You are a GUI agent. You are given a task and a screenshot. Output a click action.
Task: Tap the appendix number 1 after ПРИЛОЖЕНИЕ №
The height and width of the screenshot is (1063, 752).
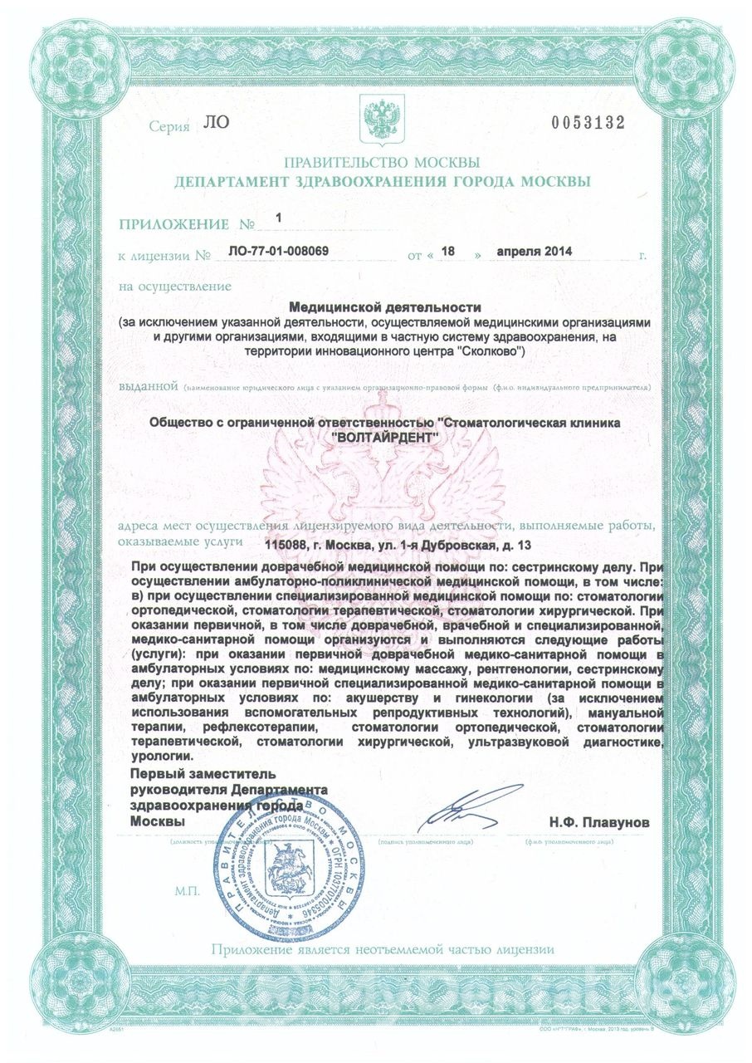tap(278, 218)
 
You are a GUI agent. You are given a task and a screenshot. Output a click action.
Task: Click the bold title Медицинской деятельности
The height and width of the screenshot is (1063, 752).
tap(384, 307)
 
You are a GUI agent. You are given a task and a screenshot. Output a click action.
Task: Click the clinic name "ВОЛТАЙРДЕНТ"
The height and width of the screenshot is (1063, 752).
tap(383, 437)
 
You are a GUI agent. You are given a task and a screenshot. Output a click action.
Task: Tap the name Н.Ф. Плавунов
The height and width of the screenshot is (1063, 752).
tap(599, 822)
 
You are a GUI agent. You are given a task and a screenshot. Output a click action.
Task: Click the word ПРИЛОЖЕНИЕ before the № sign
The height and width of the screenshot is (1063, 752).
tap(173, 224)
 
